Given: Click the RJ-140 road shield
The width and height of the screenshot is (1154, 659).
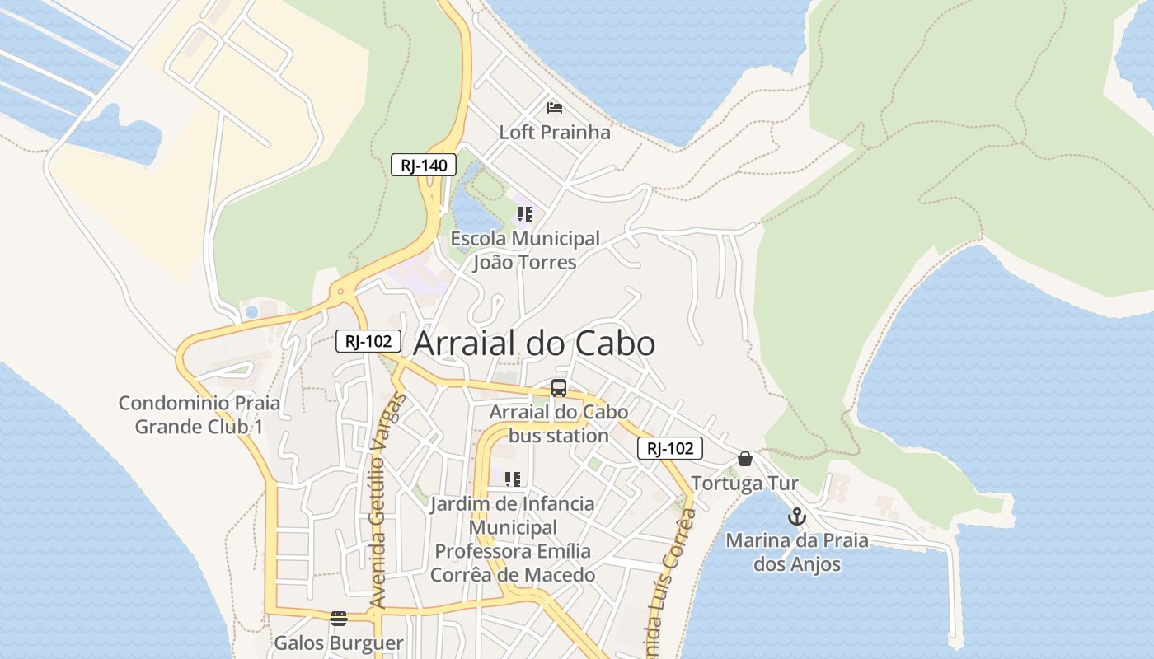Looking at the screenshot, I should tap(424, 166).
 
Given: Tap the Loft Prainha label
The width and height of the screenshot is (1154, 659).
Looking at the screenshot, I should tap(555, 132).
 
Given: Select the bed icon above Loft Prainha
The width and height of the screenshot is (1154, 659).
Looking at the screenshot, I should tap(555, 107).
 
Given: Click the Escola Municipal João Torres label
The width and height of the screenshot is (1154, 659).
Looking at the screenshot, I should tap(525, 250).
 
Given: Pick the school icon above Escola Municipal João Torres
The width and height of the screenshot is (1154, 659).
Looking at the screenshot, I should tap(524, 215).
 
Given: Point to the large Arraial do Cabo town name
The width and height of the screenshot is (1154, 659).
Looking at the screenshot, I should tap(534, 344).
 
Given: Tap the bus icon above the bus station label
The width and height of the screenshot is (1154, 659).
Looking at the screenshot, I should tap(559, 387).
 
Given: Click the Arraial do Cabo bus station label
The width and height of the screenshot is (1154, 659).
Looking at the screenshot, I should tap(559, 423).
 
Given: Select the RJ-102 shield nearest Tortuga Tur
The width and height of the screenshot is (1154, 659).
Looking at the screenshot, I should tap(669, 448).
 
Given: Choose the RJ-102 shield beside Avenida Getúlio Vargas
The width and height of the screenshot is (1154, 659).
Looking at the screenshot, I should tap(368, 340).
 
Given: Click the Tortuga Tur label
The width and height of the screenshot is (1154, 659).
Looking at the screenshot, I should tap(745, 483).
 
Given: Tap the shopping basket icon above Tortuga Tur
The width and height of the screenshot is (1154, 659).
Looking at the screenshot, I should tap(745, 459).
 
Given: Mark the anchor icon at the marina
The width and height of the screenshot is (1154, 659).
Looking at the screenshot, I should tap(796, 516).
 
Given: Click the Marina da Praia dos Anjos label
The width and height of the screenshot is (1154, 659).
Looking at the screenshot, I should tap(797, 553).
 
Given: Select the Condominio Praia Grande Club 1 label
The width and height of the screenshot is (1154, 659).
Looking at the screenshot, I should tap(199, 415).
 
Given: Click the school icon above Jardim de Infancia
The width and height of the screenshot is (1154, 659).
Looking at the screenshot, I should tap(513, 479).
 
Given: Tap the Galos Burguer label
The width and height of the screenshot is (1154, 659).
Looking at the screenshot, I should tap(339, 643).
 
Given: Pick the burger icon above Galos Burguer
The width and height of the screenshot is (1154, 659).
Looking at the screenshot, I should tap(338, 618).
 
